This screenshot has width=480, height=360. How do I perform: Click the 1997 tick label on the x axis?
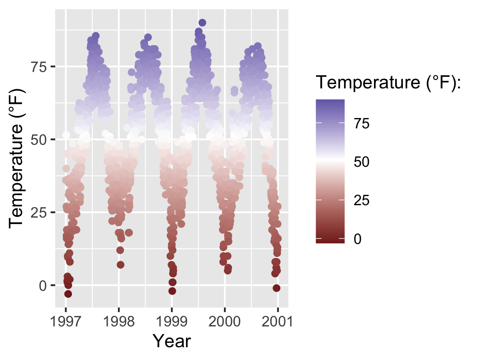pyautogui.click(x=66, y=321)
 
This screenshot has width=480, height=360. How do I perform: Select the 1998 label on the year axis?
pyautogui.click(x=118, y=321)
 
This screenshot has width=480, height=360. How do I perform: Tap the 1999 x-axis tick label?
pyautogui.click(x=172, y=321)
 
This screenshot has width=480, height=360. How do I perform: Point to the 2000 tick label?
pyautogui.click(x=225, y=321)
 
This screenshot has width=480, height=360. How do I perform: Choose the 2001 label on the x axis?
pyautogui.click(x=278, y=321)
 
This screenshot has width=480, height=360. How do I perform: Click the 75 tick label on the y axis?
pyautogui.click(x=38, y=66)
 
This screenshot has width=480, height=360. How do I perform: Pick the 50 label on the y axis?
pyautogui.click(x=38, y=140)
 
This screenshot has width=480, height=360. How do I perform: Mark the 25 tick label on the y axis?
pyautogui.click(x=38, y=212)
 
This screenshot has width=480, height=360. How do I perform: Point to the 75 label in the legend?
pyautogui.click(x=361, y=124)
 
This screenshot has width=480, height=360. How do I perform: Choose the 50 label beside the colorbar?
pyautogui.click(x=361, y=162)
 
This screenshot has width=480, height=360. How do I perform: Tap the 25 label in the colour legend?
pyautogui.click(x=361, y=200)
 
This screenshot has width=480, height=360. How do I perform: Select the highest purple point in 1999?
pyautogui.click(x=202, y=23)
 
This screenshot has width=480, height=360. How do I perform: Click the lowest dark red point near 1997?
pyautogui.click(x=68, y=294)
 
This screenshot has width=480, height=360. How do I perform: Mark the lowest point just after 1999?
pyautogui.click(x=172, y=291)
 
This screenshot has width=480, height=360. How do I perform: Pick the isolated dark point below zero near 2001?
pyautogui.click(x=276, y=288)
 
